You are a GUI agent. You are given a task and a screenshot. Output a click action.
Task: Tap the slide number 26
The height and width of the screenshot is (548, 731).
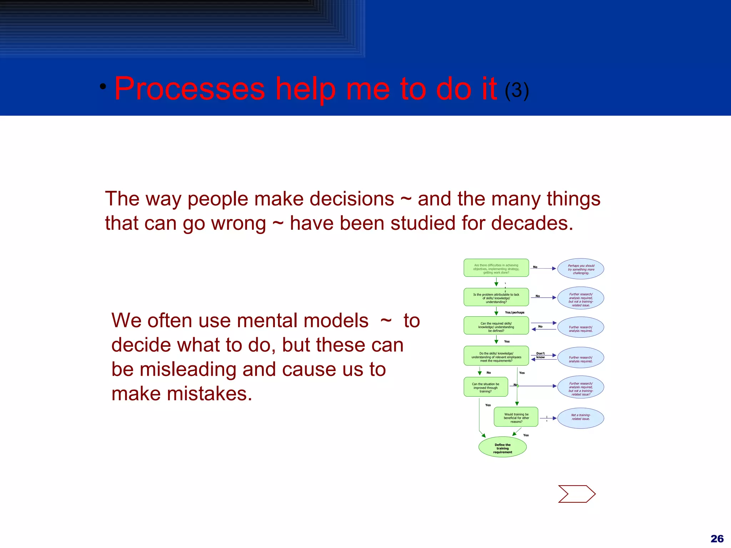point(717,539)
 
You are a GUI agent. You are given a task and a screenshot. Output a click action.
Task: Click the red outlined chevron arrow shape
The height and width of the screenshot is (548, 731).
point(576,494)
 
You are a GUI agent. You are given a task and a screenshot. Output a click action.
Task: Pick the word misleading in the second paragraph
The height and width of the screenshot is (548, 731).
point(188,369)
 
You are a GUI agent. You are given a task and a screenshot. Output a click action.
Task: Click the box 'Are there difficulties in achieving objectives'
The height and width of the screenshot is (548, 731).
point(496,268)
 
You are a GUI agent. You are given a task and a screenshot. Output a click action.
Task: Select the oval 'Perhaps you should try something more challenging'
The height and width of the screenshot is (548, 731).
point(581,269)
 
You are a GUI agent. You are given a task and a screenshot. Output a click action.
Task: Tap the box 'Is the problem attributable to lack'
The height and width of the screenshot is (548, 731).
point(496,298)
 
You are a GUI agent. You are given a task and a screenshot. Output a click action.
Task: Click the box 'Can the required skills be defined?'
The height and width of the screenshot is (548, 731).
point(496,326)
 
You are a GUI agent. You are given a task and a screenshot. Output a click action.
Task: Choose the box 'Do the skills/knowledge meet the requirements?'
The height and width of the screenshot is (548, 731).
point(496,356)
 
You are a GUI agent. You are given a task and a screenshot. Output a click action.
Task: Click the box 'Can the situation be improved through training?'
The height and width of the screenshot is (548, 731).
point(485,387)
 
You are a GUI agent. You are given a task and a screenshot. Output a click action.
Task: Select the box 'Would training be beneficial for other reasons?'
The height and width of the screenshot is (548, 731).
point(516,417)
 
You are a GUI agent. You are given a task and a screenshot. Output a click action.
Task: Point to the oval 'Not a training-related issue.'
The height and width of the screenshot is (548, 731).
point(581,417)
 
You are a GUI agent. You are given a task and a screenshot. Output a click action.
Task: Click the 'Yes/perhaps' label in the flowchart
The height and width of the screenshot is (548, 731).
point(514,313)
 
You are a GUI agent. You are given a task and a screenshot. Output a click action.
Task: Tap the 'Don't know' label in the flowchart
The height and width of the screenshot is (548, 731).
point(540,355)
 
